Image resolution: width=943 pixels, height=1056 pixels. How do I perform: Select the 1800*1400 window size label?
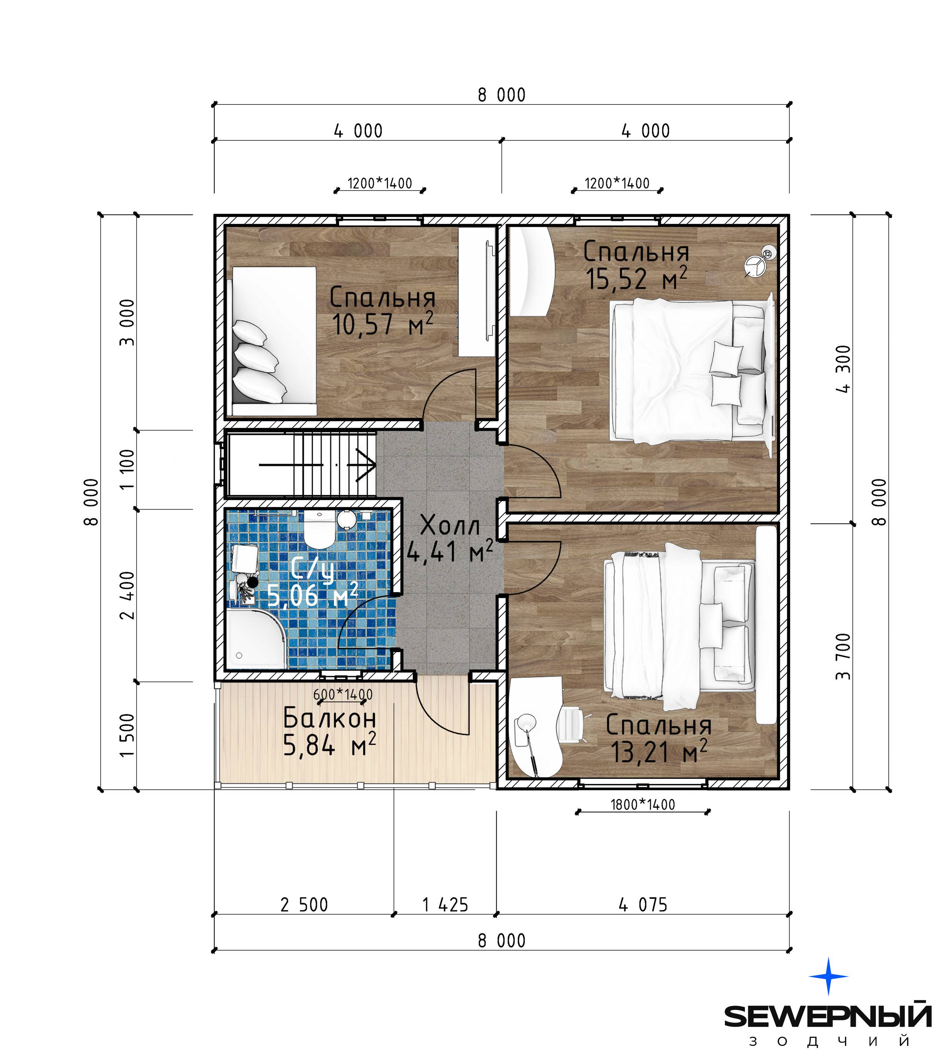coord(642,805)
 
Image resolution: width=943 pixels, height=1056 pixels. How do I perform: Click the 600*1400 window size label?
coord(342,694)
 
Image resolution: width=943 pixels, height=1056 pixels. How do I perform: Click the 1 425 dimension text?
coord(445,905)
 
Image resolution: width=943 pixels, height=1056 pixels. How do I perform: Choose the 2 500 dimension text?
coord(304,905)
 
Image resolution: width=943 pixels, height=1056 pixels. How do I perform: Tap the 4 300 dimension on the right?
coord(843,369)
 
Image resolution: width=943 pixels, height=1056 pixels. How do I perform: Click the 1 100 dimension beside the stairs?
coord(127,469)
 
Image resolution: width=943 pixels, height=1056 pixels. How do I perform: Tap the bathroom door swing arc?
coord(352,611)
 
